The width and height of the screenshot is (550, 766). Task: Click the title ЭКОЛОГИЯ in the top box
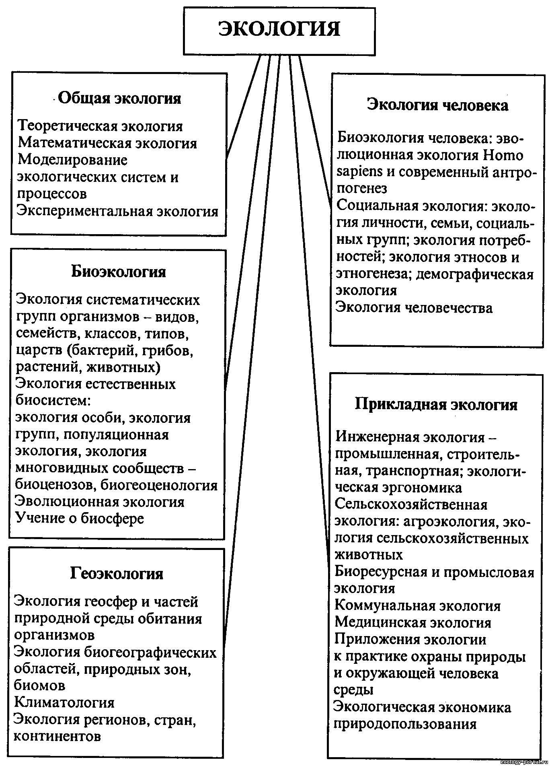279,29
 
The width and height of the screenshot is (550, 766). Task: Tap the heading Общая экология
119,98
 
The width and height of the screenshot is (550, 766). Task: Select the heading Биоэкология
119,272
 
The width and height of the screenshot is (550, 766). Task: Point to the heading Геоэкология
117,573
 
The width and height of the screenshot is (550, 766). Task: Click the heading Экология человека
438,105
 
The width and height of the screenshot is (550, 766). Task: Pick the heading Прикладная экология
436,404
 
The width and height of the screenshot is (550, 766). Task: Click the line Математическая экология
107,143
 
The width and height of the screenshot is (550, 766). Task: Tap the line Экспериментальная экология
117,211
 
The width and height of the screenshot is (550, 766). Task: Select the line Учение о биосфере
80,518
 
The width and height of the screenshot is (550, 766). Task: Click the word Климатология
64,702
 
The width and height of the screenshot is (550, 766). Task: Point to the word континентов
57,736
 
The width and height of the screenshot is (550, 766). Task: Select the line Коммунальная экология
418,605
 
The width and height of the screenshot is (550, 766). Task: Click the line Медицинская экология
413,622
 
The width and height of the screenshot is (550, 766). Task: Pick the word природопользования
405,725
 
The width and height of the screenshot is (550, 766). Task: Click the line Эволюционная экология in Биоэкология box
100,502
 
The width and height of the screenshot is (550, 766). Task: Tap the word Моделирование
73,160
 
